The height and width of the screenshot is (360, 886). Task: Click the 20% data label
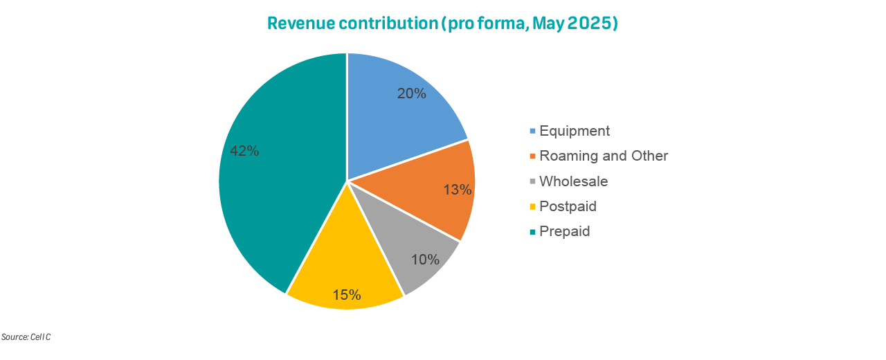[x=411, y=93]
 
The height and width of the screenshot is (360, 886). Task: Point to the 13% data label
[x=458, y=189]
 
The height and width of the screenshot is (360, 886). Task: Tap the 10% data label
[x=425, y=260]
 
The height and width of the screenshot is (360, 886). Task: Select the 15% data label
[x=346, y=295]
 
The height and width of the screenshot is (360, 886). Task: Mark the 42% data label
[x=244, y=151]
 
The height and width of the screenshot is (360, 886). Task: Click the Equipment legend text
[x=575, y=131]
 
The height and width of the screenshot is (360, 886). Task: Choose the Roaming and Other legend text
[x=604, y=156]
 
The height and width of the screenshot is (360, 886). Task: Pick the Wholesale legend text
[x=573, y=181]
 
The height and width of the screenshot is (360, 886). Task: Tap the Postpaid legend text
[x=568, y=206]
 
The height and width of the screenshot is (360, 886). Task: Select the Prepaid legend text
[x=565, y=231]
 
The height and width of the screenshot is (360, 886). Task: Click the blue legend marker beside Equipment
[x=532, y=131]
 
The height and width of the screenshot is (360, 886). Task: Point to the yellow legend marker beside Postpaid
[x=532, y=206]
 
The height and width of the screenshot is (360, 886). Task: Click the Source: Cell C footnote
[x=26, y=337]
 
